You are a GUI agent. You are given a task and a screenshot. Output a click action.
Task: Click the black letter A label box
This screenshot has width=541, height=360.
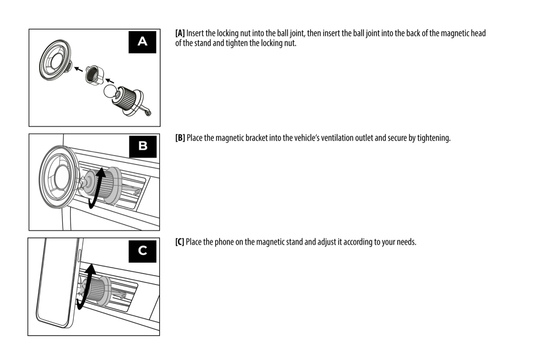coord(142,42)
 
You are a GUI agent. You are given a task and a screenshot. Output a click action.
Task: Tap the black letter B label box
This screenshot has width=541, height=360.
coord(143,146)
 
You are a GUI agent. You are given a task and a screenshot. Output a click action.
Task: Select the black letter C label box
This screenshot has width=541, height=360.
coord(142,251)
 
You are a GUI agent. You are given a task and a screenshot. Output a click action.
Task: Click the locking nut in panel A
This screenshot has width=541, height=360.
coord(94,74)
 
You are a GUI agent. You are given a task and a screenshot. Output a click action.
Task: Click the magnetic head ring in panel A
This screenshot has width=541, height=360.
coord(54,60)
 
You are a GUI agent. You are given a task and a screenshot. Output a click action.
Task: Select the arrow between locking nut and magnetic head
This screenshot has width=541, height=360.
coord(78,69)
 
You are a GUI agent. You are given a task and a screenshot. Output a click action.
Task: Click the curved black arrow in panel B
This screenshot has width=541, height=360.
coord(97,188)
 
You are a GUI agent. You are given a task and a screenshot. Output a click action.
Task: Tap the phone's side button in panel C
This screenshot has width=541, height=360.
coord(79,257)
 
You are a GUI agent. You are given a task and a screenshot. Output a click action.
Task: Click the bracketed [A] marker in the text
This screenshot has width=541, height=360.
coord(180,33)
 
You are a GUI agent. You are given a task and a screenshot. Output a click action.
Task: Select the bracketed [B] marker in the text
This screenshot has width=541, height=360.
coord(180,138)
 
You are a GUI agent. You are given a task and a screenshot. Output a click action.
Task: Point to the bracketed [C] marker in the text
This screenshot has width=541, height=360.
coord(180,242)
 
